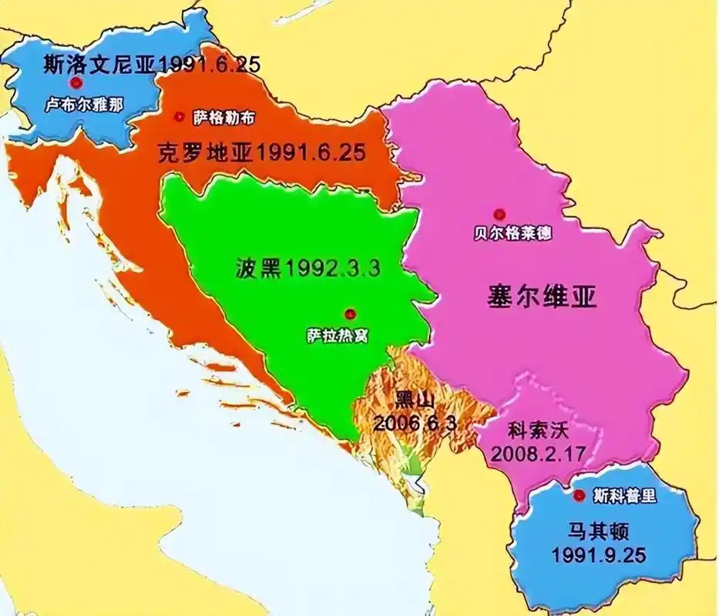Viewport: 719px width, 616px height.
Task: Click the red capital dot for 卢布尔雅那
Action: pos(75,83)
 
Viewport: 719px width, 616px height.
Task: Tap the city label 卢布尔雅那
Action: pos(83,103)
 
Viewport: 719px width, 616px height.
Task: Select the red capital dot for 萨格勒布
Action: pos(180,117)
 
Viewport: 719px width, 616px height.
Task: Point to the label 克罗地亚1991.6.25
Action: pos(260,151)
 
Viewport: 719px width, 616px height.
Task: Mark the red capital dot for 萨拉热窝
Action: pos(350,313)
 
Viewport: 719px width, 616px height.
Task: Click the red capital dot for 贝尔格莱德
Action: pos(499,213)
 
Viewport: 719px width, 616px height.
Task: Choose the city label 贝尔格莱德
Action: pos(512,233)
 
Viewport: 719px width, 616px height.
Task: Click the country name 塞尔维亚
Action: pos(543,297)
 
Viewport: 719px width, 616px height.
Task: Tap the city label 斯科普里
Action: pos(626,496)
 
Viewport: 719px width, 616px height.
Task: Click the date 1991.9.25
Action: pos(598,554)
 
